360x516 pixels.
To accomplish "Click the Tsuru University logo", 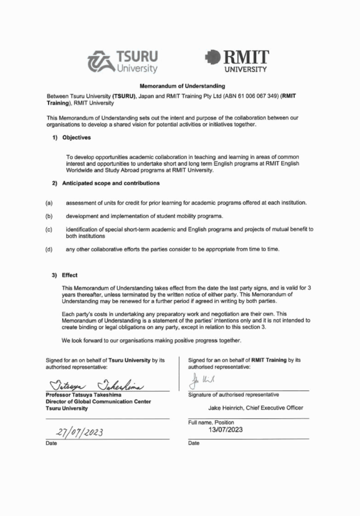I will (122, 62).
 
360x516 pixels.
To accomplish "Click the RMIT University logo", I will (237, 62).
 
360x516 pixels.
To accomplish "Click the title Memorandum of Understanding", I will (179, 86).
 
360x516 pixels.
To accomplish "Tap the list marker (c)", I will (50, 230).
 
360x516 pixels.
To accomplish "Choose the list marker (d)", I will (50, 249).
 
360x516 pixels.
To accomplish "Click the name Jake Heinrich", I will (233, 407).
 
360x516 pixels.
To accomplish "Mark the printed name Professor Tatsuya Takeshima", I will (83, 394).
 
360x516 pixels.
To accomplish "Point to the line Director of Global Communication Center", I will (98, 401).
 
